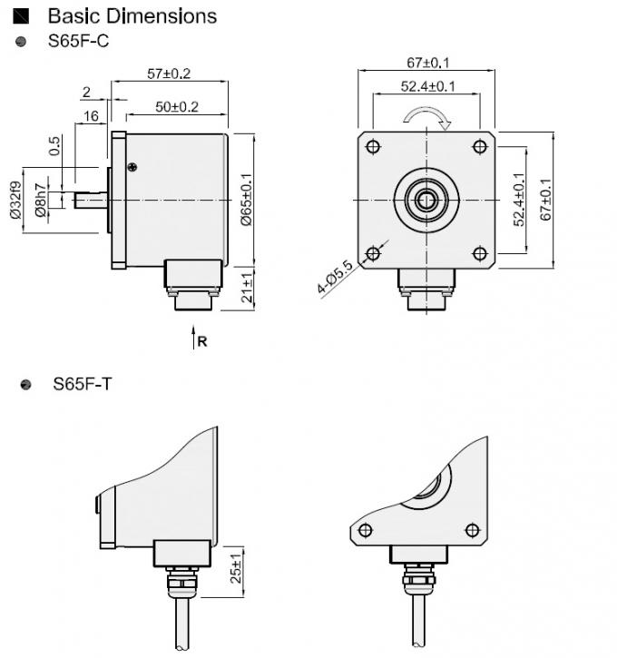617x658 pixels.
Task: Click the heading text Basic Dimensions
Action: pyautogui.click(x=132, y=15)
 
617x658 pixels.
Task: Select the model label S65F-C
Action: pyautogui.click(x=79, y=41)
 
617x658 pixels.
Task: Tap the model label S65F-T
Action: pyautogui.click(x=83, y=384)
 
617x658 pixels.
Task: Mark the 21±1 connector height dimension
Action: pyautogui.click(x=248, y=286)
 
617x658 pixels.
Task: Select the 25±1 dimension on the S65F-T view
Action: pyautogui.click(x=237, y=568)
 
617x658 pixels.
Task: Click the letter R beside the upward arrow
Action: pyautogui.click(x=203, y=341)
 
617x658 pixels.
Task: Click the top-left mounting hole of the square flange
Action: pyautogui.click(x=372, y=146)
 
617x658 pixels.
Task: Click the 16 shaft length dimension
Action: pyautogui.click(x=91, y=116)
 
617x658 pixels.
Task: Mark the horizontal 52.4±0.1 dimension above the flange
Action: pyautogui.click(x=427, y=86)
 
